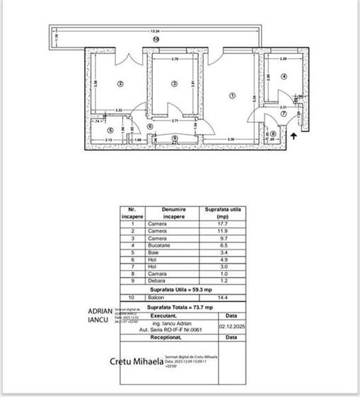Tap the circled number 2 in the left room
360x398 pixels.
[x=120, y=84]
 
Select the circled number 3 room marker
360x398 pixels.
[x=174, y=84]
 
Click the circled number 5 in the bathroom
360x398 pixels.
[x=110, y=129]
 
